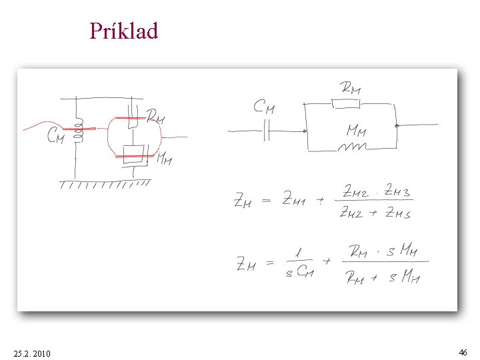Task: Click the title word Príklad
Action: pos(124,31)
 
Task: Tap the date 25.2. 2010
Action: pos(31,352)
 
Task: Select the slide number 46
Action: pos(463,351)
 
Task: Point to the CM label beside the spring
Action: pos(55,137)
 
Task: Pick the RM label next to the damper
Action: pos(155,117)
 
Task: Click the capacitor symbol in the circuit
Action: pos(266,131)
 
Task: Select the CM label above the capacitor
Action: pos(264,107)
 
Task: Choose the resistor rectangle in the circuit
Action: pos(345,103)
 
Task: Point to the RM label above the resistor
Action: pos(350,87)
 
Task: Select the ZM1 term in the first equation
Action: pos(294,198)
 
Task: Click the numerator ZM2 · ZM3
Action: pos(377,192)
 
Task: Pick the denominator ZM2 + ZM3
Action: pos(376,213)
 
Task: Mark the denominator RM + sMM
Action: pos(383,277)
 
